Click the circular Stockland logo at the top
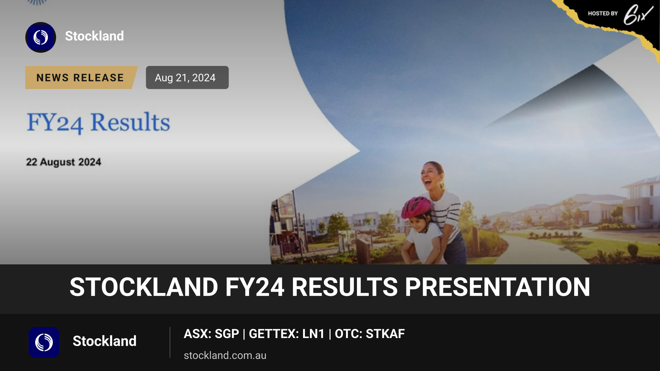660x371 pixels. (41, 37)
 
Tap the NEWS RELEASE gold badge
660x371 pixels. (81, 77)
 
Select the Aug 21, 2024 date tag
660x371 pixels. (187, 77)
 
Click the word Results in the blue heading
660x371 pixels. (130, 122)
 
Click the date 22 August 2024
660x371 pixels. (64, 162)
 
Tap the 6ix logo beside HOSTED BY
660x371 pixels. (638, 14)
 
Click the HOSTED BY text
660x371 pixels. (603, 13)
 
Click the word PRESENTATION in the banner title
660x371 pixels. (497, 287)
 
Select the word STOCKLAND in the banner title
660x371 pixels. (144, 287)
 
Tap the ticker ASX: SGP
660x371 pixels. (211, 334)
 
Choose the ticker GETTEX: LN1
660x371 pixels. (287, 334)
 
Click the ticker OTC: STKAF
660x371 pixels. (370, 334)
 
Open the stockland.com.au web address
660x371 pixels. (225, 355)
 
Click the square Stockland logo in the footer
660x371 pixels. (44, 342)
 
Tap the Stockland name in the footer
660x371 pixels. (105, 341)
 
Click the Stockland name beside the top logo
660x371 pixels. (94, 36)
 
